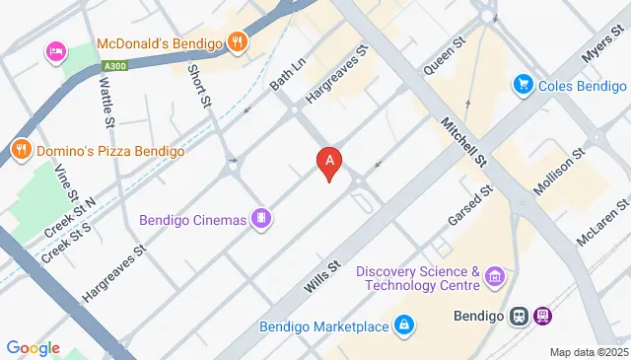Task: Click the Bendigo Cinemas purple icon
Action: [261, 218]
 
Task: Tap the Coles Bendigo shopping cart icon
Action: [523, 86]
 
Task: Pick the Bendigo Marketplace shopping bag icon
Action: [403, 324]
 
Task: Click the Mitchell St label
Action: [465, 143]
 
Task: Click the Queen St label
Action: [444, 57]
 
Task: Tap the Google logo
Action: [33, 347]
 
